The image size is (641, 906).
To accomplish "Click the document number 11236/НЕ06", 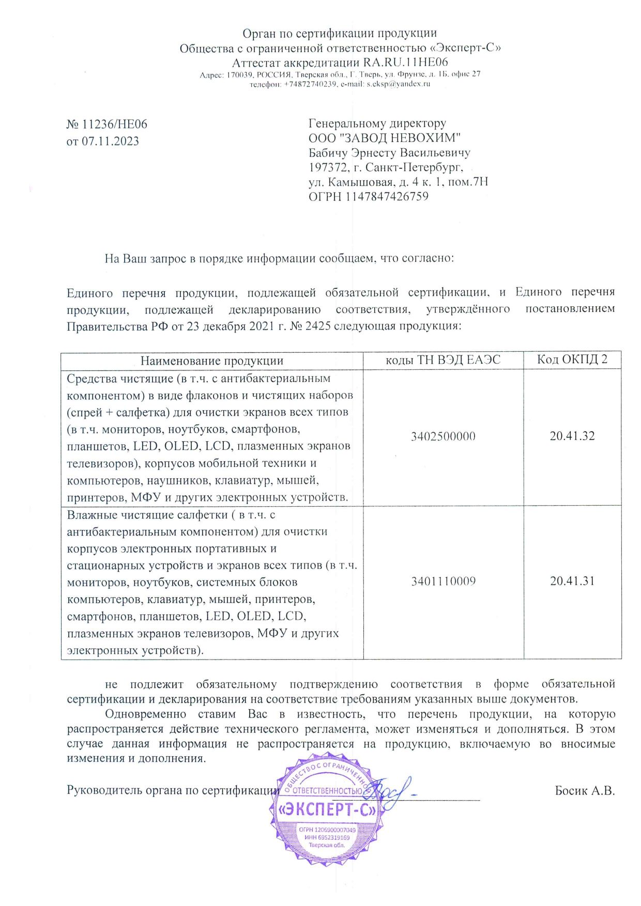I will (x=115, y=124).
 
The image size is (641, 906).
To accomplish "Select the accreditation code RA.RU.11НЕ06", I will (x=406, y=63).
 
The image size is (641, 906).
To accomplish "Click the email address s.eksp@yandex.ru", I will (x=399, y=84).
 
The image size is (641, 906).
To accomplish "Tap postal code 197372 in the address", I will (x=327, y=167).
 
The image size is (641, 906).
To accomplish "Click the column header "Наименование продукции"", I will (x=212, y=361).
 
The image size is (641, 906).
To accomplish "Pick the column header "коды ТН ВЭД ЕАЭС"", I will (x=444, y=360).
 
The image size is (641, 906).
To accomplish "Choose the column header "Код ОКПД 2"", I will (x=572, y=360).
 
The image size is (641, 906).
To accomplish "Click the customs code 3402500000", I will (x=444, y=436).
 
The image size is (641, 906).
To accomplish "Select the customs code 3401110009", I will (x=444, y=582).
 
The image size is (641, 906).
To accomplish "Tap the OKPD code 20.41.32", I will (x=572, y=436).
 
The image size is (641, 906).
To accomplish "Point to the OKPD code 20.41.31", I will (x=572, y=581).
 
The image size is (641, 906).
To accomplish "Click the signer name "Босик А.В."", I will (x=585, y=791).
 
